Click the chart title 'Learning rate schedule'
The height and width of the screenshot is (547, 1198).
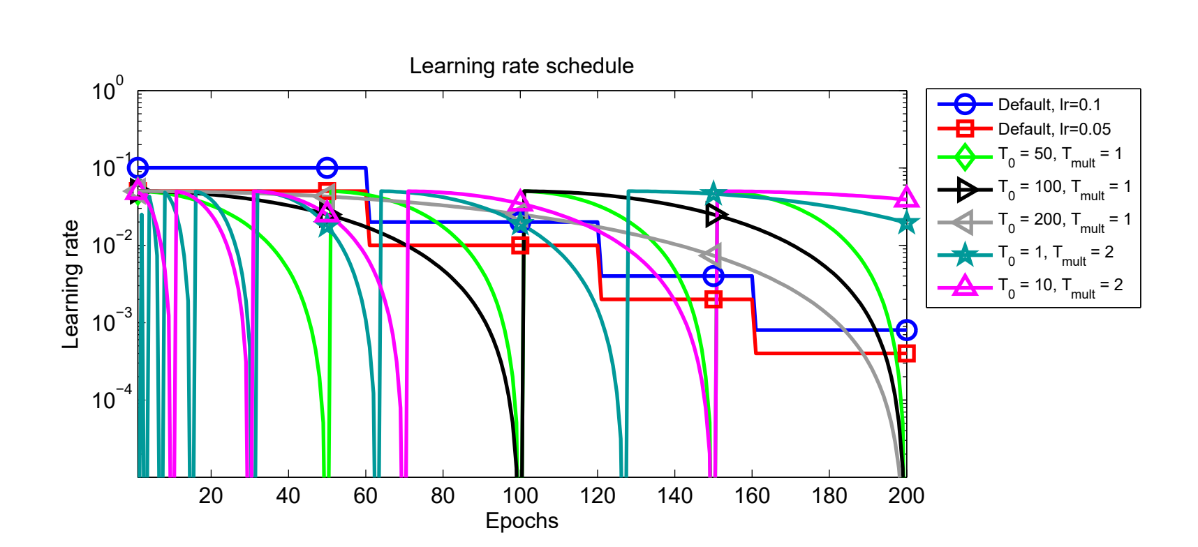click(x=522, y=66)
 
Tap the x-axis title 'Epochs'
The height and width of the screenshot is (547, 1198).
click(x=522, y=521)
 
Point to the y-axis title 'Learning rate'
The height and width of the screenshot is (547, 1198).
click(x=71, y=284)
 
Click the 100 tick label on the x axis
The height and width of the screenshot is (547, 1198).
click(x=520, y=496)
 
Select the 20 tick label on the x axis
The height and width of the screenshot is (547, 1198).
click(x=211, y=496)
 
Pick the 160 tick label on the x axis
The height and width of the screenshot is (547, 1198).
click(x=752, y=496)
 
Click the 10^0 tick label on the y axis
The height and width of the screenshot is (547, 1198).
click(x=108, y=91)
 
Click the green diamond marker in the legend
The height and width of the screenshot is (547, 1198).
click(x=965, y=156)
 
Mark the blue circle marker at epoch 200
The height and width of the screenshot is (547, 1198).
click(x=906, y=330)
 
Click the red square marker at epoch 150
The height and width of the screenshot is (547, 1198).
click(x=713, y=299)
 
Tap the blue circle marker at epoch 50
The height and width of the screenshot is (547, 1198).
click(x=327, y=168)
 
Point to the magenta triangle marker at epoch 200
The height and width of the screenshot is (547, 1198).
click(x=906, y=198)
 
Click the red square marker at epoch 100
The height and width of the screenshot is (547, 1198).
click(x=520, y=246)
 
